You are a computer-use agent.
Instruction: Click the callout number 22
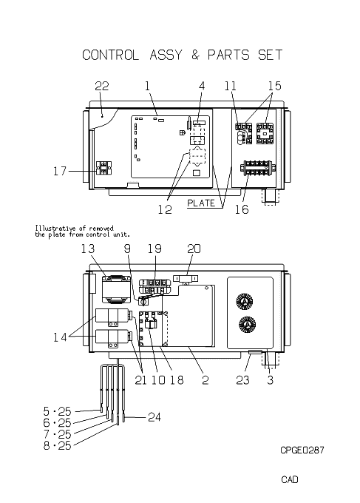pyautogui.click(x=101, y=86)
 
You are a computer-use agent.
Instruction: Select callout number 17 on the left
pyautogui.click(x=60, y=171)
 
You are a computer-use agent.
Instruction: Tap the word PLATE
pyautogui.click(x=201, y=203)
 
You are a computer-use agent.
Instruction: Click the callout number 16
pyautogui.click(x=242, y=209)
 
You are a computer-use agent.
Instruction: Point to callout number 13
pyautogui.click(x=88, y=249)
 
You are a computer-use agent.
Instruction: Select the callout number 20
pyautogui.click(x=194, y=249)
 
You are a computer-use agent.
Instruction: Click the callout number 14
pyautogui.click(x=60, y=337)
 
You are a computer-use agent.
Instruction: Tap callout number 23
pyautogui.click(x=242, y=379)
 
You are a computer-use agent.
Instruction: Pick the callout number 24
pyautogui.click(x=154, y=417)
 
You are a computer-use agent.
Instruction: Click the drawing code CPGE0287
pyautogui.click(x=302, y=450)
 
